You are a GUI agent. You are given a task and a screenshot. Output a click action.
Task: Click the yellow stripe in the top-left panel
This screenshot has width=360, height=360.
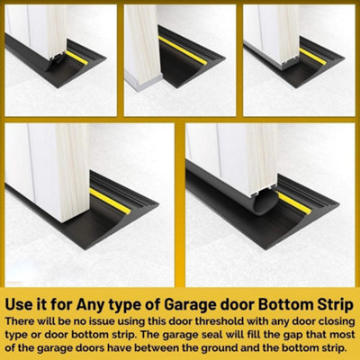point(76,58)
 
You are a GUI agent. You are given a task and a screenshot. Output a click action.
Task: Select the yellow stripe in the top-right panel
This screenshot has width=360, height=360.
point(314,57)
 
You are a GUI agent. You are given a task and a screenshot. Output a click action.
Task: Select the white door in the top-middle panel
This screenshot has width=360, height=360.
point(144,45)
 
